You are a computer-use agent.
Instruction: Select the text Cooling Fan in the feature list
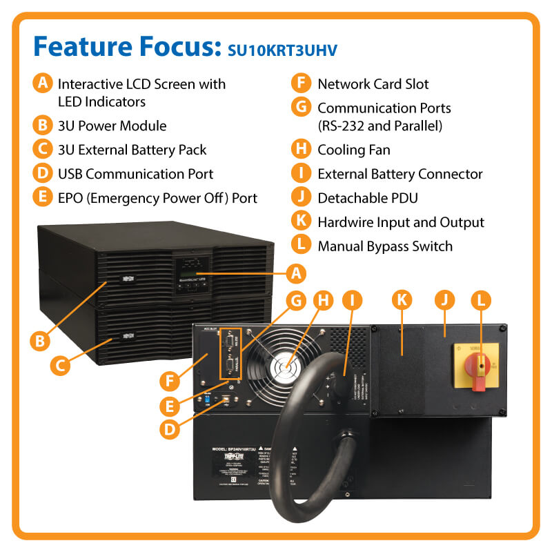[353, 150]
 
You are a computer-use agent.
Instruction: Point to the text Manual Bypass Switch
[384, 246]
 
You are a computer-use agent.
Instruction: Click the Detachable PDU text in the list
[368, 198]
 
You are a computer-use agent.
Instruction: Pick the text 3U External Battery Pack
[132, 150]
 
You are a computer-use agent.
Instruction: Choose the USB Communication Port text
[136, 174]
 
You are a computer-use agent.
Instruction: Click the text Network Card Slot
[373, 84]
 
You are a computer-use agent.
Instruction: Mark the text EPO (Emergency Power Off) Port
[157, 198]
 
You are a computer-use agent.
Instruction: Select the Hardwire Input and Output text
[400, 222]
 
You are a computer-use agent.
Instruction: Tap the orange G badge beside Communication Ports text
[300, 108]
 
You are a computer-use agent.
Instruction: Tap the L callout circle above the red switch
[481, 300]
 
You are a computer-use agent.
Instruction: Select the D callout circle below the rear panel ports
[169, 428]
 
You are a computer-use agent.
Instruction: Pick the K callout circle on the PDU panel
[402, 300]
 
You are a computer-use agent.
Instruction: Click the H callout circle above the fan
[322, 300]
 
